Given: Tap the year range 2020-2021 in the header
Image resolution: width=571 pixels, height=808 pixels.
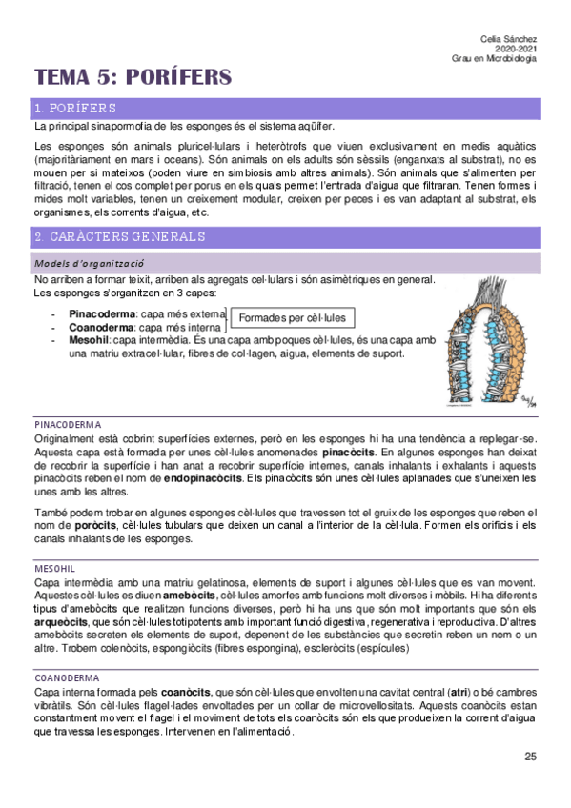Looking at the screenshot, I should coord(515,48).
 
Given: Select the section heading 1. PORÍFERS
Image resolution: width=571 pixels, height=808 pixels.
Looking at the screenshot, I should coord(75,108).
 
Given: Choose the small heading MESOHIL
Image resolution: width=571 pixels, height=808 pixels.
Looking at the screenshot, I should coord(54,567).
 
